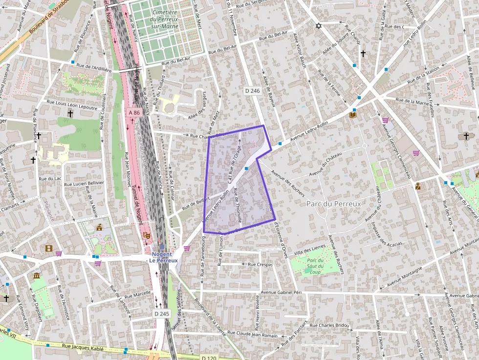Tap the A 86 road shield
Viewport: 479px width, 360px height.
(x=134, y=113)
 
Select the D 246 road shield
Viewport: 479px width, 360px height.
(x=252, y=91)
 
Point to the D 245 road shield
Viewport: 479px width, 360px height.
(x=161, y=313)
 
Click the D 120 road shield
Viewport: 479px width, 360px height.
(x=209, y=358)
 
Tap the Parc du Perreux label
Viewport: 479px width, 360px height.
(x=333, y=203)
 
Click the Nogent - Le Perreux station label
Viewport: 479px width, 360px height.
(x=164, y=257)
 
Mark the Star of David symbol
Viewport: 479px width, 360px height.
(x=319, y=25)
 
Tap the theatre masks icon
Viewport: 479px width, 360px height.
(x=146, y=235)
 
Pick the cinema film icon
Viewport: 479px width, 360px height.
(x=48, y=248)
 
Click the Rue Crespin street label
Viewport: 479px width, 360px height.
(x=260, y=264)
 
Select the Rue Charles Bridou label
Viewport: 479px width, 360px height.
(x=329, y=325)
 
